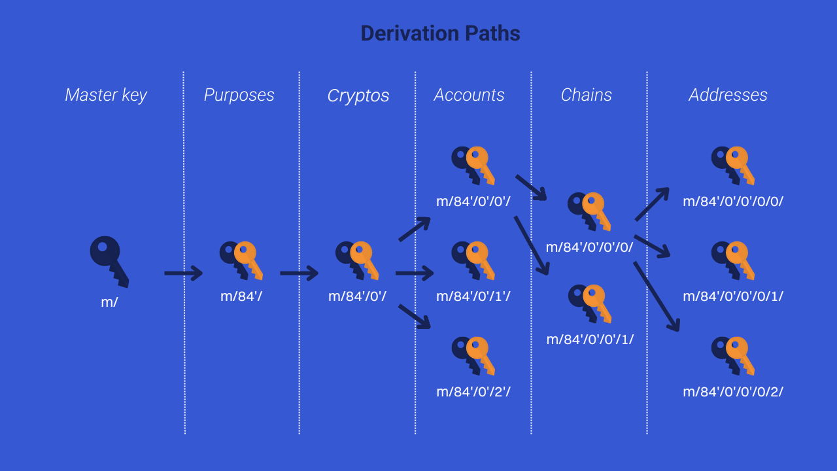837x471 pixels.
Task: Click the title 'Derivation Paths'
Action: click(x=440, y=33)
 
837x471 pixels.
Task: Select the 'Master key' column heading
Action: click(x=106, y=95)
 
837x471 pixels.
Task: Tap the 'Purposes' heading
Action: click(x=239, y=95)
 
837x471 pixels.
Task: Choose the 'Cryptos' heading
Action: click(x=358, y=96)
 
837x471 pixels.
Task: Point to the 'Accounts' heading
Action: click(x=469, y=95)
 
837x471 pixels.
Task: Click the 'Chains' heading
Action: click(x=586, y=95)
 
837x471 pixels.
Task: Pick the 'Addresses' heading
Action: click(x=728, y=95)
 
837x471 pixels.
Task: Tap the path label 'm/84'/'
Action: click(x=241, y=296)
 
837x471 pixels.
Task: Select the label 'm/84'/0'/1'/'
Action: click(x=473, y=296)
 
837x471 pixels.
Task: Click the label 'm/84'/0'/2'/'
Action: click(x=473, y=392)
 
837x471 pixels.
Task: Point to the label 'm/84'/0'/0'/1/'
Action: click(x=590, y=340)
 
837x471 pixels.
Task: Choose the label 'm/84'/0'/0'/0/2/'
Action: click(x=733, y=392)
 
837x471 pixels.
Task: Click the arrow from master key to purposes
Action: click(x=183, y=273)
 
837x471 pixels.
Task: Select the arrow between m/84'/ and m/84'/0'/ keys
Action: click(x=299, y=273)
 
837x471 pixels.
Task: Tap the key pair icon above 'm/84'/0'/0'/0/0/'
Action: click(x=733, y=166)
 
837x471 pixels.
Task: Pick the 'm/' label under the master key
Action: click(x=109, y=303)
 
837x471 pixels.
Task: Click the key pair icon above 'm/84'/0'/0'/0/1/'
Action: click(x=733, y=260)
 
